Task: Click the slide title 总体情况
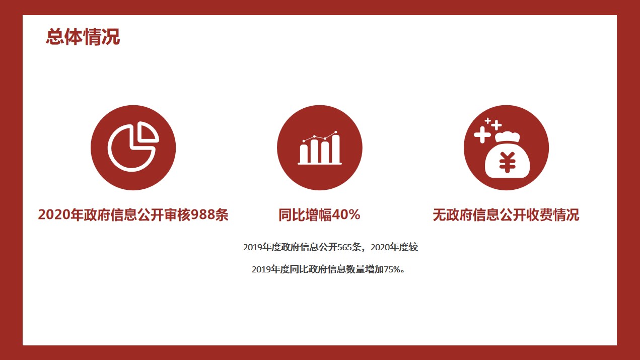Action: coord(83,37)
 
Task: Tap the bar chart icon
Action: coord(319,148)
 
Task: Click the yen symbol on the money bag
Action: coord(507,162)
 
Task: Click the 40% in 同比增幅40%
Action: coord(346,214)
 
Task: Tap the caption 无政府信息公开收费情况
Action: coord(506,215)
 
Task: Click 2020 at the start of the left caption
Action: coord(54,214)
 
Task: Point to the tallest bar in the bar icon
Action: coord(335,149)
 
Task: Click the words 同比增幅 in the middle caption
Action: coord(305,215)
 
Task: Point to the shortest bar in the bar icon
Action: coord(304,154)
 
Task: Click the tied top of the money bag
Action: coord(507,136)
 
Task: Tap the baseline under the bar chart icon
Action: coord(319,164)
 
